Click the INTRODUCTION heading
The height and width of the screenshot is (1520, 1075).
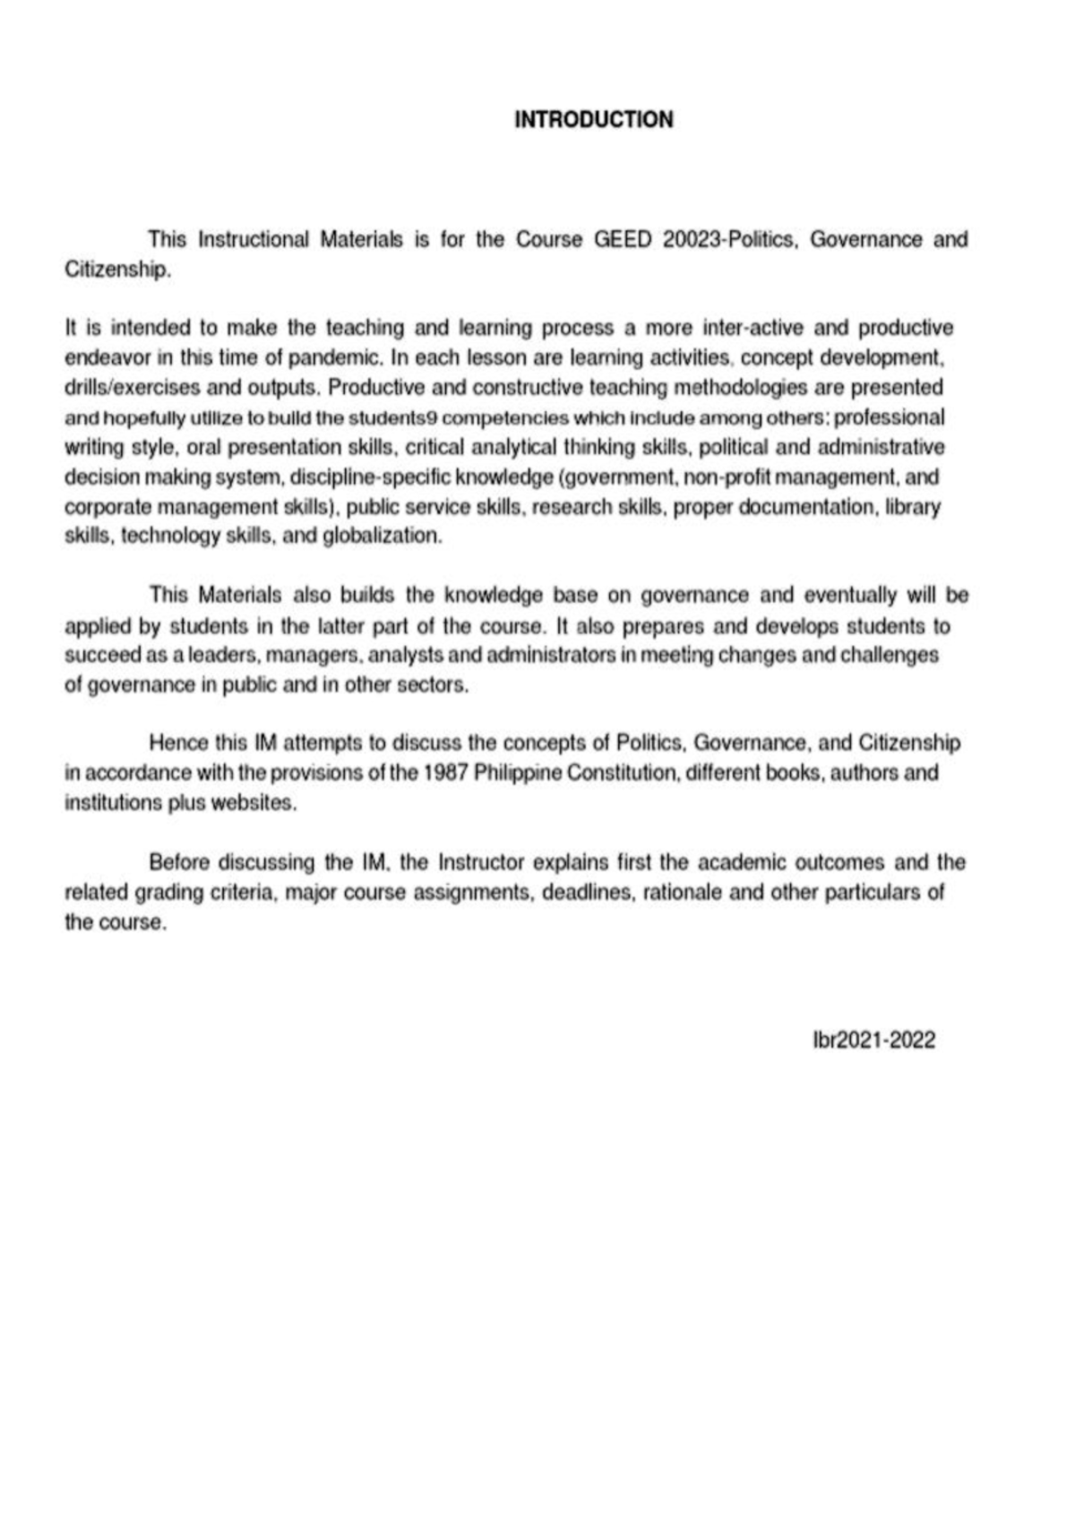click(593, 120)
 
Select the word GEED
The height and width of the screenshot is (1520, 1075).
click(623, 240)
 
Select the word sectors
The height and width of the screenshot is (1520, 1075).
click(438, 685)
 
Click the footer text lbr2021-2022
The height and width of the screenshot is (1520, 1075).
click(873, 1040)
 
